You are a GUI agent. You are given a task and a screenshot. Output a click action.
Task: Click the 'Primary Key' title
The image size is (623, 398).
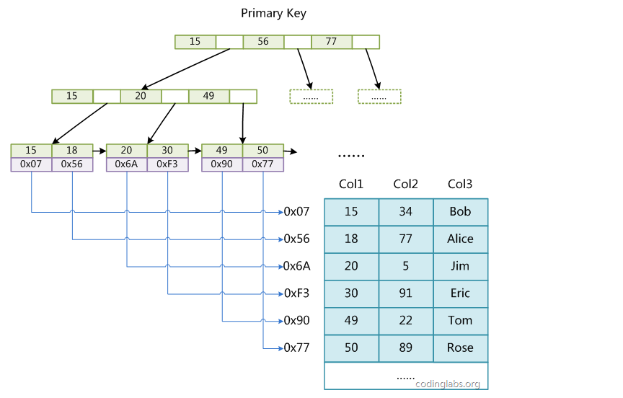pyautogui.click(x=273, y=14)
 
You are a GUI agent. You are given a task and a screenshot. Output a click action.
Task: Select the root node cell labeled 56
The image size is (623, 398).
pyautogui.click(x=263, y=42)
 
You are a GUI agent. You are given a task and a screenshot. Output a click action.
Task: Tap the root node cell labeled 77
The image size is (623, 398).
pyautogui.click(x=332, y=42)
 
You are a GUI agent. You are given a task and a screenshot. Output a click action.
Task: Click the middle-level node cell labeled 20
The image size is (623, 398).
pyautogui.click(x=141, y=96)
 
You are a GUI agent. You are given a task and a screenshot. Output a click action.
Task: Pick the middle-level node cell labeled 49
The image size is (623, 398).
pyautogui.click(x=209, y=96)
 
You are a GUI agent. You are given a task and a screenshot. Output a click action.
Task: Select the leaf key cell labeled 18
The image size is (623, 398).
pyautogui.click(x=72, y=151)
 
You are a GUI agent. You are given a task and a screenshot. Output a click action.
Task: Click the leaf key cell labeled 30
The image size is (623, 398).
pyautogui.click(x=167, y=151)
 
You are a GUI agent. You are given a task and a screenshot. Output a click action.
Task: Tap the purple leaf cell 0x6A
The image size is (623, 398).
pyautogui.click(x=126, y=164)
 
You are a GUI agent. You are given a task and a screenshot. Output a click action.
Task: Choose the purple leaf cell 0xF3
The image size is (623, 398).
pyautogui.click(x=167, y=164)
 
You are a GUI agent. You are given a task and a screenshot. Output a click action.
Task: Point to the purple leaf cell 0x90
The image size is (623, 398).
pyautogui.click(x=221, y=164)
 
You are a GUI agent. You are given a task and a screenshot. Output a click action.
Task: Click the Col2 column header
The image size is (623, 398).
pyautogui.click(x=406, y=184)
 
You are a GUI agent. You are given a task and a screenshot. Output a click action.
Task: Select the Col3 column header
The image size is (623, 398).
pyautogui.click(x=460, y=184)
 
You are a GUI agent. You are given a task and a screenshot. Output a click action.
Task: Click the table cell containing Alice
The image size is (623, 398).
pyautogui.click(x=461, y=239)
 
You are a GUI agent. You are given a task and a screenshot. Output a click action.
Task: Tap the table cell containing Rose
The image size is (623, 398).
pyautogui.click(x=461, y=348)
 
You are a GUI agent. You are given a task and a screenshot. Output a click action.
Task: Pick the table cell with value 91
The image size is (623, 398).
pyautogui.click(x=406, y=293)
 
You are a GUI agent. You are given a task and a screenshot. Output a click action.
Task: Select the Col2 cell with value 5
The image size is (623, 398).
pyautogui.click(x=406, y=266)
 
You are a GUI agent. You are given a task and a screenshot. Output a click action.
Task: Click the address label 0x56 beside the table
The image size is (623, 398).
pyautogui.click(x=296, y=239)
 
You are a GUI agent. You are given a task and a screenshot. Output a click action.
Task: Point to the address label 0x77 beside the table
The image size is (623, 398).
pyautogui.click(x=296, y=348)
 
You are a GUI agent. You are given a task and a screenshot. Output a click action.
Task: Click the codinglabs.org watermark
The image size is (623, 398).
pyautogui.click(x=448, y=384)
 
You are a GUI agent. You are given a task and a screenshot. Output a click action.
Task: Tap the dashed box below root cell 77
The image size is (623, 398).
pyautogui.click(x=379, y=97)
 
